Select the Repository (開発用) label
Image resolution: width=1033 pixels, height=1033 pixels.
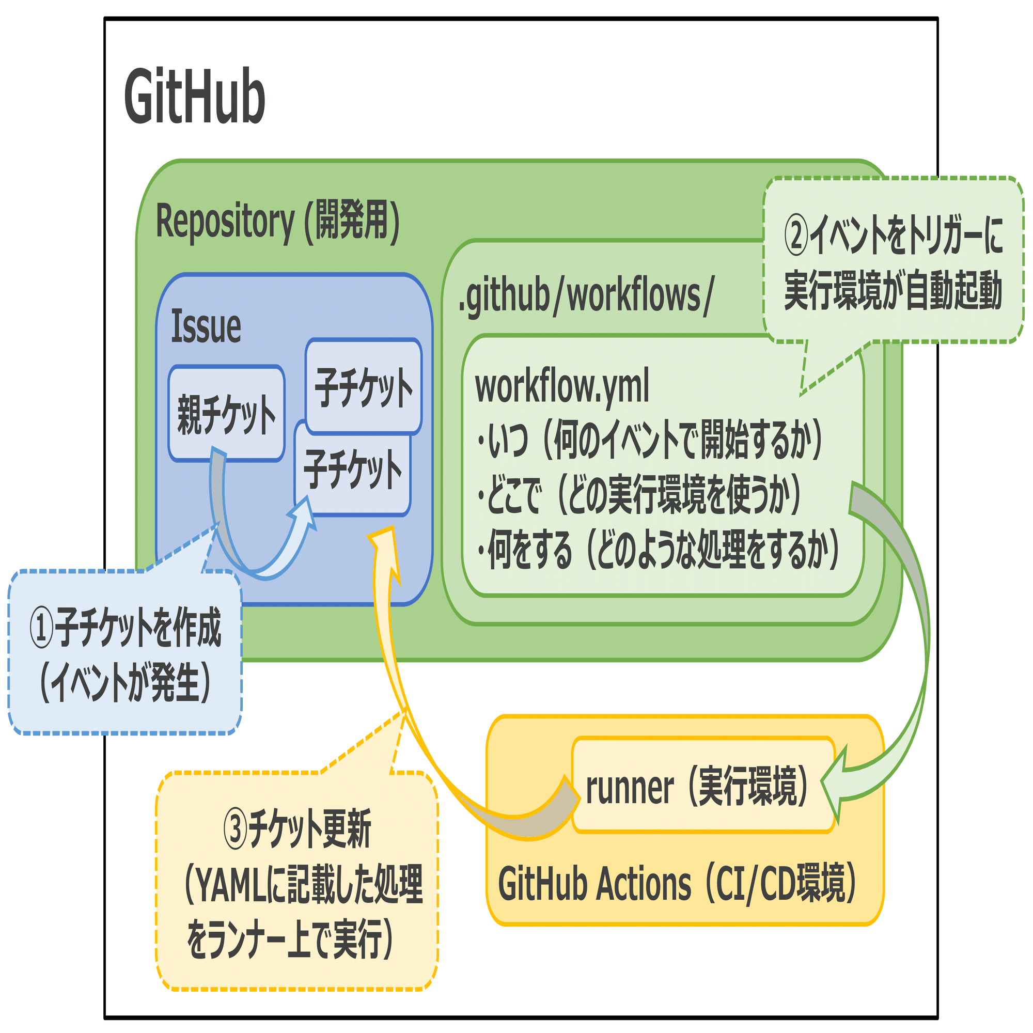pos(277,222)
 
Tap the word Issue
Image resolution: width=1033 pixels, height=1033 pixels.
pos(206,327)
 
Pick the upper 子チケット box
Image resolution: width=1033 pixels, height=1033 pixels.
pos(364,386)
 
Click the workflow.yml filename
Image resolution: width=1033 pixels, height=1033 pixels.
pos(562,386)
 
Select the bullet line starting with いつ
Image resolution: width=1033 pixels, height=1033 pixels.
pos(650,440)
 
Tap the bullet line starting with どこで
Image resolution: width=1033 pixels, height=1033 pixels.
pos(639,495)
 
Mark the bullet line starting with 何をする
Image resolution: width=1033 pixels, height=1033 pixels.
pos(658,550)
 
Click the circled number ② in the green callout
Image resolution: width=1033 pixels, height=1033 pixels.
pos(796,237)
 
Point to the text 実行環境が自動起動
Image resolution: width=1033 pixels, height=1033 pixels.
pos(893,291)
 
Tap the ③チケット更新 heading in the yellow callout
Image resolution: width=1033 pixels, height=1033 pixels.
pos(298,830)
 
